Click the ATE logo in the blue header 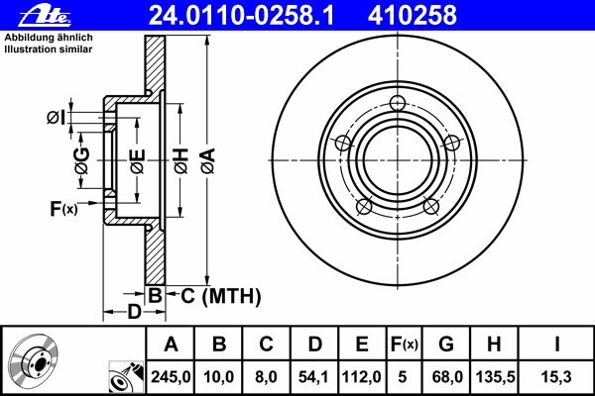[x=45, y=15]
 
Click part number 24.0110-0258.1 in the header [x=241, y=15]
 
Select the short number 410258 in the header [x=413, y=15]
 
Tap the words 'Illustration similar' [x=49, y=49]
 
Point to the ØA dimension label [x=208, y=161]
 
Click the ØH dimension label [x=181, y=161]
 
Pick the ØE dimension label [x=138, y=161]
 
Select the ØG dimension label [x=82, y=160]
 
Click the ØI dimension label [x=56, y=118]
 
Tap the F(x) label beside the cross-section [x=63, y=209]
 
